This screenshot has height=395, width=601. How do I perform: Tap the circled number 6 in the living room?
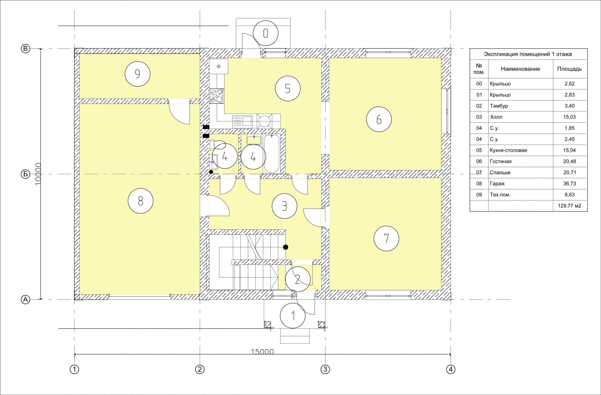(379, 119)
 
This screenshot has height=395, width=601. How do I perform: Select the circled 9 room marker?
(138, 74)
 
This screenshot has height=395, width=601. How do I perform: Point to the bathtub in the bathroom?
(272, 153)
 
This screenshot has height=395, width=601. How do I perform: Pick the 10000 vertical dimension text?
(38, 174)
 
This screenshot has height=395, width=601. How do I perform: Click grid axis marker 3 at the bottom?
(325, 369)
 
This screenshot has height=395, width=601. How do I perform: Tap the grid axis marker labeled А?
(25, 299)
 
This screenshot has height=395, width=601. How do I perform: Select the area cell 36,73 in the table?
(569, 183)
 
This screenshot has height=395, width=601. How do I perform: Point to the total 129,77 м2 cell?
(569, 206)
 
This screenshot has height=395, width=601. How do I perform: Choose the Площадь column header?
(569, 69)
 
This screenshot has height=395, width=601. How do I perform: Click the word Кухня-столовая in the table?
(508, 150)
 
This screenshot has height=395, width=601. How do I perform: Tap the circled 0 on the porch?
(266, 33)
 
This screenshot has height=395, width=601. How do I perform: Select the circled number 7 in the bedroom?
(386, 239)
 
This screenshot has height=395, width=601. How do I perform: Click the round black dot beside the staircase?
(285, 247)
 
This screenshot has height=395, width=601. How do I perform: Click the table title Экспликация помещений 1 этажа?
(528, 54)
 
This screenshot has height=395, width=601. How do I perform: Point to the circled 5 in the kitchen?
(288, 89)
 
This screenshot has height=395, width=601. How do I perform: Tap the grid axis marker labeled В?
(25, 49)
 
